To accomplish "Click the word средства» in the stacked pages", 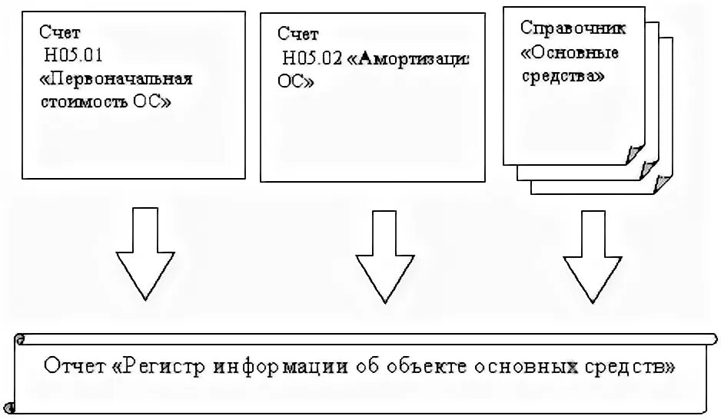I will click(563, 77).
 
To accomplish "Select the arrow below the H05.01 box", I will click(142, 253).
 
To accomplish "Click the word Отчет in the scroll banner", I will click(74, 366).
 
